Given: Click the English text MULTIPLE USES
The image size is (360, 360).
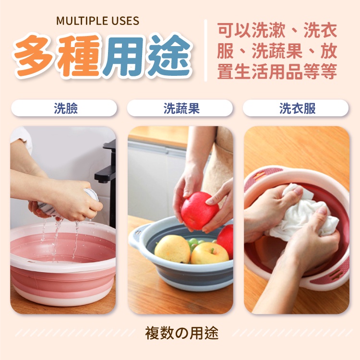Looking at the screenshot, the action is coord(97,21).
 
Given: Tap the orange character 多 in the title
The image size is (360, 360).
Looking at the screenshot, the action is coord(35,56).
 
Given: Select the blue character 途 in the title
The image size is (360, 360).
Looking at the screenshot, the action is coord(169,55).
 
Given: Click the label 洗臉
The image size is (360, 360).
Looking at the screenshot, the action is coord(66,108).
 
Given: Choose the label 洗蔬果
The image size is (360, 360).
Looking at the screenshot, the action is coord(181,108).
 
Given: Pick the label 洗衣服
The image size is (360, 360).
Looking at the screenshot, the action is coord(297,108).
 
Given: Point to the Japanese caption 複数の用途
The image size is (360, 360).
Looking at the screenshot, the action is coord(181,333).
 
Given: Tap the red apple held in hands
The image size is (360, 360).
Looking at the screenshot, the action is coord(200,211).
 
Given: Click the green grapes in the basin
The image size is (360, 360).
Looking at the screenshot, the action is coord(193,243).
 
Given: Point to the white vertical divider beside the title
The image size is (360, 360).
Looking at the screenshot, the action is coord(205,50).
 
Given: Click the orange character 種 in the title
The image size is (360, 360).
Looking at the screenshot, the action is coord(79,56).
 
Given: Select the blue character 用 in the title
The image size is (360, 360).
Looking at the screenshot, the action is coord(125,56).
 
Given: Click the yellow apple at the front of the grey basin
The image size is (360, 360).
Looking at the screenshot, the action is coord(209,253).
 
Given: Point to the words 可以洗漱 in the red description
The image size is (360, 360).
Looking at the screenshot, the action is coord(252,31).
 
